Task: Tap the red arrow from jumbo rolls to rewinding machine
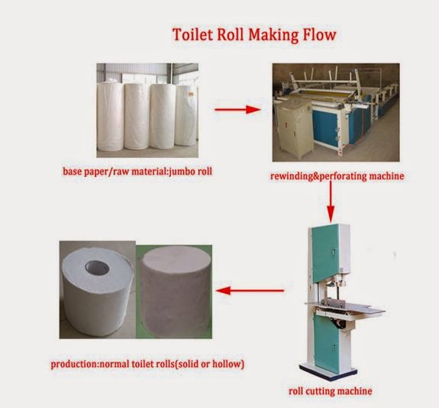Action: pyautogui.click(x=232, y=110)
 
